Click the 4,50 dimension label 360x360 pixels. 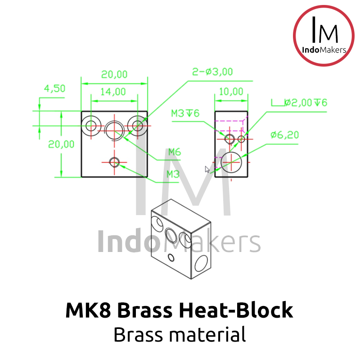pyautogui.click(x=54, y=88)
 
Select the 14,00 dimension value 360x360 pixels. pyautogui.click(x=113, y=92)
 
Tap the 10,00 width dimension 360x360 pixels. pyautogui.click(x=231, y=92)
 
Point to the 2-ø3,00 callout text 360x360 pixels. pyautogui.click(x=212, y=72)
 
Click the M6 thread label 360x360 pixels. pyautogui.click(x=175, y=152)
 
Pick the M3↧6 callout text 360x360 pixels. pyautogui.click(x=185, y=113)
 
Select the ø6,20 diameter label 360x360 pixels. pyautogui.click(x=285, y=135)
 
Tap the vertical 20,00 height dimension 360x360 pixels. pyautogui.click(x=61, y=144)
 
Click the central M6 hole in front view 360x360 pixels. pyautogui.click(x=114, y=130)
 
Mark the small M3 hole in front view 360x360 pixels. pyautogui.click(x=114, y=162)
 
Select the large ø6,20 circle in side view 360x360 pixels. pyautogui.click(x=231, y=162)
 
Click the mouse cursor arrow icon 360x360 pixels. pyautogui.click(x=207, y=170)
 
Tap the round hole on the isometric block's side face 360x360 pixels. pyautogui.click(x=201, y=263)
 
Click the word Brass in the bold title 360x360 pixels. pyautogui.click(x=144, y=310)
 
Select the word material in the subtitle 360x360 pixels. pyautogui.click(x=207, y=334)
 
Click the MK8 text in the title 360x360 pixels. pyautogui.click(x=88, y=310)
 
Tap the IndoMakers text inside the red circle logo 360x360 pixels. pyautogui.click(x=324, y=50)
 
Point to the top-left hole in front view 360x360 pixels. pyautogui.click(x=91, y=126)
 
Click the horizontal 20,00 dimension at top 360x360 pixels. pyautogui.click(x=114, y=74)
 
